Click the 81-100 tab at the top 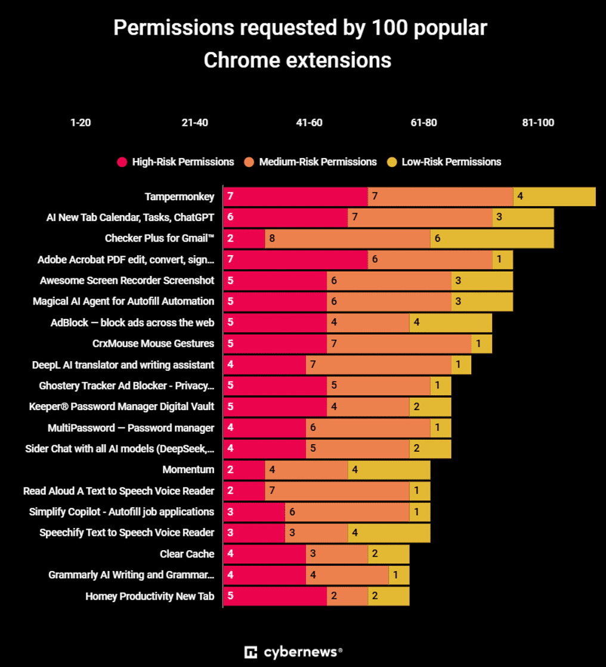[538, 123]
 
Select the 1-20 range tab [81, 123]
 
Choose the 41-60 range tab [309, 123]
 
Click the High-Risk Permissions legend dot [122, 162]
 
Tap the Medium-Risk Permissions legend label [317, 162]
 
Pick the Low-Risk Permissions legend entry [451, 162]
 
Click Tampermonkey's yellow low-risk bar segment [554, 196]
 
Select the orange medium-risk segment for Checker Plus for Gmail [347, 238]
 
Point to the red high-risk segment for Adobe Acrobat [295, 259]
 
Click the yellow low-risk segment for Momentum [389, 470]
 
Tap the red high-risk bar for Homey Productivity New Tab [275, 596]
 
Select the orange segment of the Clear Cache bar [337, 554]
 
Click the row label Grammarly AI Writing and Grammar [131, 575]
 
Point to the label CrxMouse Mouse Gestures [153, 343]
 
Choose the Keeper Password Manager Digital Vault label [122, 407]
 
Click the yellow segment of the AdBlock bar [450, 322]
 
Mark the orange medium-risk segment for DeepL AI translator [378, 365]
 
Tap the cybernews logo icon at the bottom [251, 652]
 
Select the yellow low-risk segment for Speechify [389, 533]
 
